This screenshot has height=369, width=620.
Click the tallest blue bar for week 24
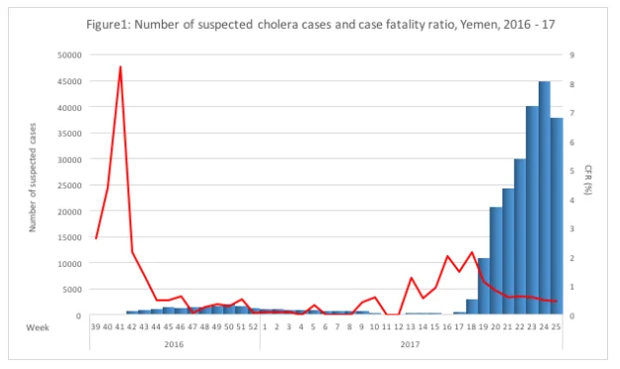tap(544, 197)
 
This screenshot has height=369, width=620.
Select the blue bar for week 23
tap(532, 210)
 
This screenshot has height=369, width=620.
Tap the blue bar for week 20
tap(496, 261)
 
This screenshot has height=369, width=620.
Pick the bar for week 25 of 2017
tap(557, 216)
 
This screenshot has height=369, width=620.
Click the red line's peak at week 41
tap(120, 66)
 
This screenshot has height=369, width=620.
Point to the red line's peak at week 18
tap(471, 252)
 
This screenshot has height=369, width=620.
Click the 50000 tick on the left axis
tap(69, 55)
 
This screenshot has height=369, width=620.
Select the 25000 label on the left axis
tap(69, 185)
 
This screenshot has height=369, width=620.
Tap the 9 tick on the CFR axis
tap(571, 55)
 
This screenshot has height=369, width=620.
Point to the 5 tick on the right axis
tap(571, 171)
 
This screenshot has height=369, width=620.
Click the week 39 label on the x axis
tap(95, 327)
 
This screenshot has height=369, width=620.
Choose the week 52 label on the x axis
tap(253, 327)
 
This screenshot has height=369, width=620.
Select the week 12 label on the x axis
tap(399, 327)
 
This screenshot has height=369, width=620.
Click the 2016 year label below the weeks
tap(174, 344)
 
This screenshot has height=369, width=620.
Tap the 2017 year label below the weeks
tap(410, 344)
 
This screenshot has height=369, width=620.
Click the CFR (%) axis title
tap(588, 180)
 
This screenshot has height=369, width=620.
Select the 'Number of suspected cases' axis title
tap(33, 178)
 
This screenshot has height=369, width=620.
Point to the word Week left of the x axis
tap(38, 327)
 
